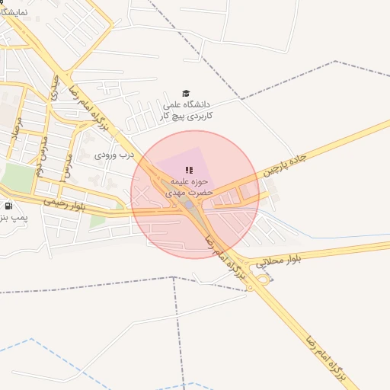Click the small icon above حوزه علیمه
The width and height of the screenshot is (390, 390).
tap(188, 169)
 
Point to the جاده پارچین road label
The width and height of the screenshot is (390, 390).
tap(283, 162)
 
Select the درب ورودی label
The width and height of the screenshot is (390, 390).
tap(114, 154)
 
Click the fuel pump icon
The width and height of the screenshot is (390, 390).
tap(8, 206)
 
